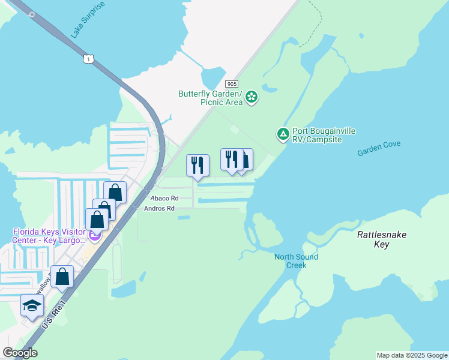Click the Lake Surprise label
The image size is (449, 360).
[x=88, y=20]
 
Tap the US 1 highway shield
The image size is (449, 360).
[x=88, y=58]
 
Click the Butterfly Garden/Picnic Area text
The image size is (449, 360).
[x=210, y=98]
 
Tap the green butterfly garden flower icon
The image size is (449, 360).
[x=252, y=97]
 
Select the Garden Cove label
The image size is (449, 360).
[x=378, y=148]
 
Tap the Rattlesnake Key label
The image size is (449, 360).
[x=382, y=239]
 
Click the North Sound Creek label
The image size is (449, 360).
[x=296, y=261]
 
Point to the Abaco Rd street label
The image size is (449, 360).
[x=164, y=198]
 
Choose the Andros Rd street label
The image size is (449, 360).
[x=159, y=209]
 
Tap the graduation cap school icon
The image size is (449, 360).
[x=32, y=305]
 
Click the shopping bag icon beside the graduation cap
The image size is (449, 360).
[x=62, y=277]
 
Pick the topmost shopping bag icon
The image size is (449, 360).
[x=115, y=193]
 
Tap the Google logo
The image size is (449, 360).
[x=20, y=353]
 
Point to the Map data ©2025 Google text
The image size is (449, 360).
[x=411, y=355]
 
